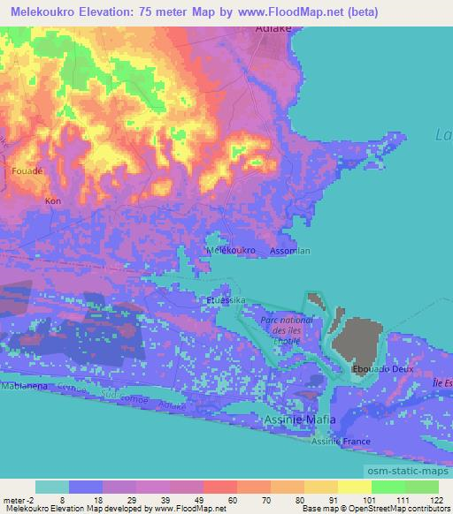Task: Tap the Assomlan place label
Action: click(x=291, y=251)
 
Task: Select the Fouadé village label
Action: click(x=27, y=170)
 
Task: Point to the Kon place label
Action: click(x=52, y=201)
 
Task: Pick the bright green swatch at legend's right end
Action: click(x=421, y=487)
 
